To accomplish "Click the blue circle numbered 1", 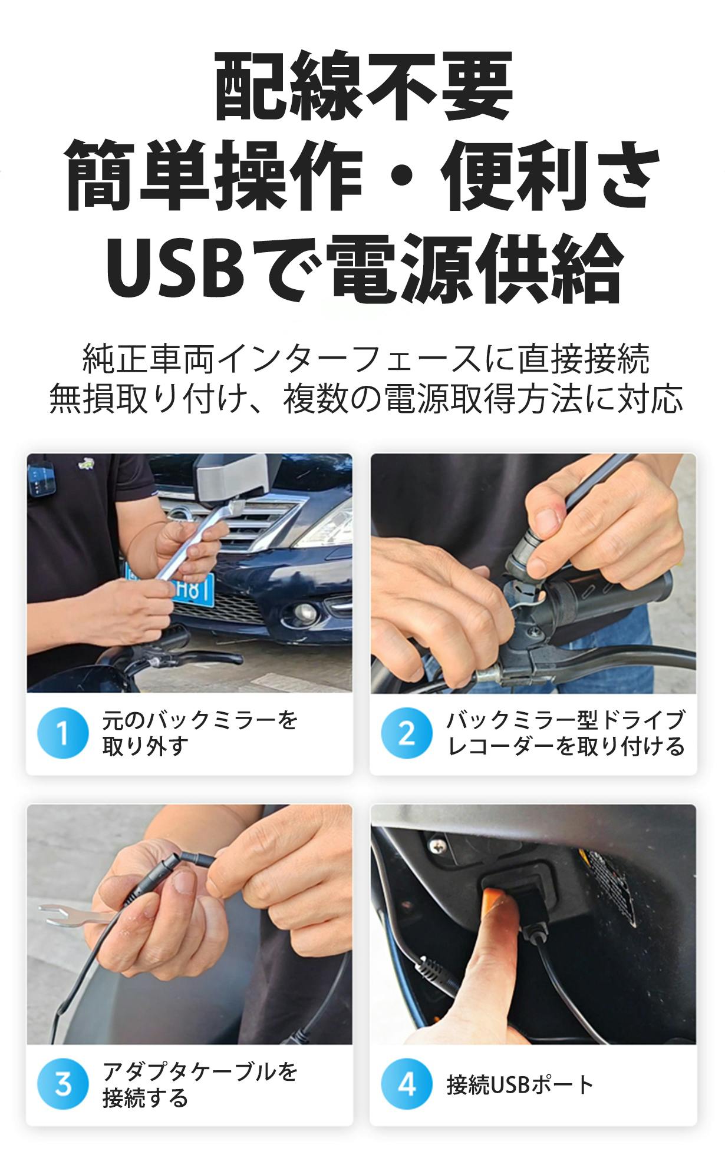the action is point(62,733).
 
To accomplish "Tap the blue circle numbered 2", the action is point(407,733).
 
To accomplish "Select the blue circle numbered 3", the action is point(62,1084).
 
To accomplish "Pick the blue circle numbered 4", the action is point(407,1084).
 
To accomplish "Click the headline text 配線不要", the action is point(362,86).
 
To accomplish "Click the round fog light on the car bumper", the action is point(298,616).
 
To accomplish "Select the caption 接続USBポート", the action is point(520,1085).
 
